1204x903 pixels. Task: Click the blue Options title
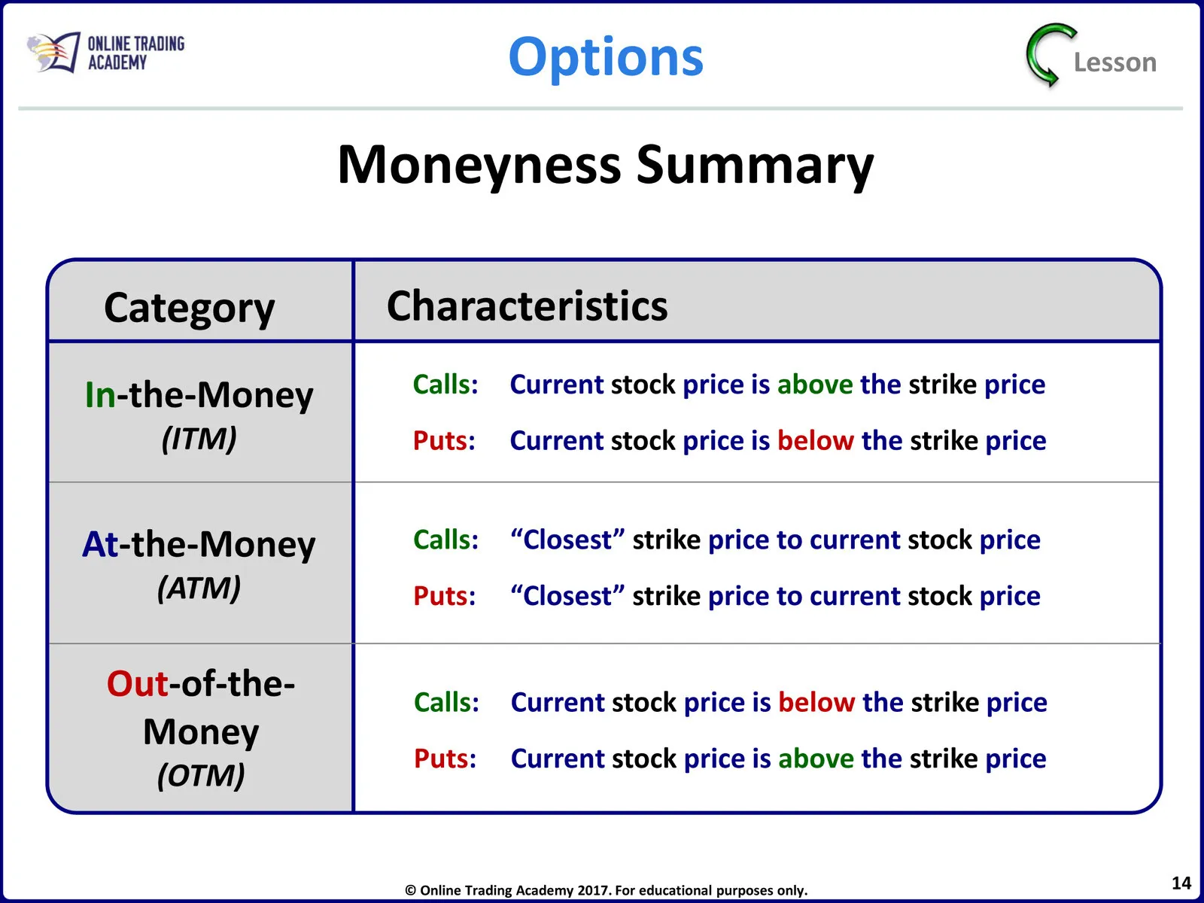pos(606,58)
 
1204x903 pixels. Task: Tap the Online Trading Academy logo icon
pos(53,52)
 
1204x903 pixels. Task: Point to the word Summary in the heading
pos(755,166)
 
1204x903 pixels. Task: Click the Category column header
pos(189,308)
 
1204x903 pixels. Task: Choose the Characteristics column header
pos(528,306)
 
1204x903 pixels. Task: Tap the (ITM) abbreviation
pos(199,439)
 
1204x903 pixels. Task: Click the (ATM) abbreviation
pos(199,588)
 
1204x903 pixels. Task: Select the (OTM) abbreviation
pos(201,775)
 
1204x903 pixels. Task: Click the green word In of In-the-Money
pos(100,395)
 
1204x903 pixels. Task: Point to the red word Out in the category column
pos(138,684)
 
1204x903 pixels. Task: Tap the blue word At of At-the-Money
pos(100,544)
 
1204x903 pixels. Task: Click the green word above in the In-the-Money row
pos(815,385)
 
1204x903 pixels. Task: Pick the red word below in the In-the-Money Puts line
pos(816,441)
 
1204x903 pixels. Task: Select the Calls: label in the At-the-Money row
pos(446,540)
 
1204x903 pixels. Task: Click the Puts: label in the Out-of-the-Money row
pos(445,759)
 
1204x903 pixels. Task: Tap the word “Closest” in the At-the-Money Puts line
pos(567,596)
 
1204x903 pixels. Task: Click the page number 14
pos(1181,883)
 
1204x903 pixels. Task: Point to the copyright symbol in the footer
pos(410,890)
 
